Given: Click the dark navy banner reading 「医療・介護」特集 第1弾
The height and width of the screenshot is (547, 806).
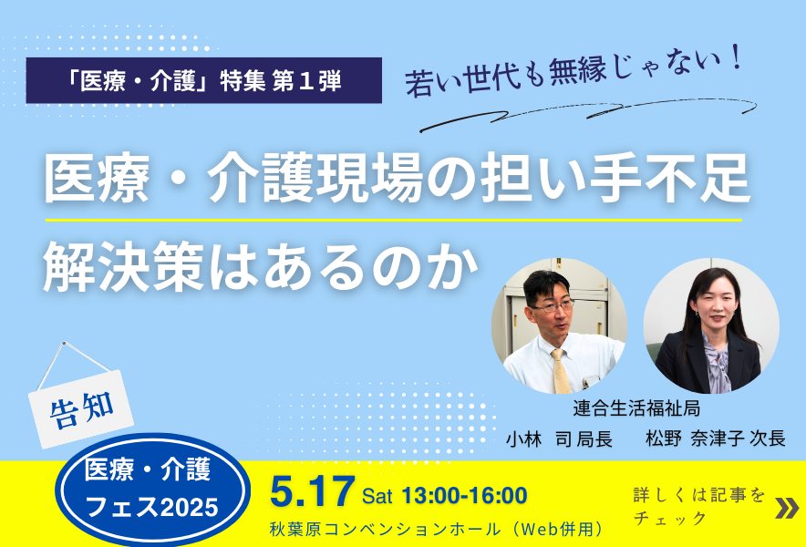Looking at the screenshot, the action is pyautogui.click(x=203, y=80).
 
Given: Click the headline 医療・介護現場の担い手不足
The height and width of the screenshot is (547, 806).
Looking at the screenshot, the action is pyautogui.click(x=397, y=179).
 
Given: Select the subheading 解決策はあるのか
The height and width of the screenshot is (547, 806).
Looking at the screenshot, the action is pyautogui.click(x=261, y=267).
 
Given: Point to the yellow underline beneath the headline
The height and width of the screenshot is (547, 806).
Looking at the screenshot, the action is pyautogui.click(x=394, y=220).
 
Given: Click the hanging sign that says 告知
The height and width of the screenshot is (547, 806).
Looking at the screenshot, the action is pyautogui.click(x=81, y=408).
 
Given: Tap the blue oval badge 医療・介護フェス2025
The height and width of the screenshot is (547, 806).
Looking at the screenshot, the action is pyautogui.click(x=152, y=490).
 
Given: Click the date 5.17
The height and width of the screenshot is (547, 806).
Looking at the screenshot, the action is pyautogui.click(x=313, y=492).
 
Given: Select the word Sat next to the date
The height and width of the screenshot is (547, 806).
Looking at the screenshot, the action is pyautogui.click(x=377, y=497).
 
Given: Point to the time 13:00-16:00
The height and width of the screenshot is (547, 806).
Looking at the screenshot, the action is pyautogui.click(x=464, y=496).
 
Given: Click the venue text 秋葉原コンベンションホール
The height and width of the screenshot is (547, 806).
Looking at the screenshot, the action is pyautogui.click(x=385, y=529).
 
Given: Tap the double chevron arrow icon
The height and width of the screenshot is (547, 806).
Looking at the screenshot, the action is pyautogui.click(x=787, y=508).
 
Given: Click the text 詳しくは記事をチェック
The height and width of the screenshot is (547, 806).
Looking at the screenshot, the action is pyautogui.click(x=699, y=506).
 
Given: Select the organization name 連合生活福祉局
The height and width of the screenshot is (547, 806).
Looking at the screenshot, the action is pyautogui.click(x=636, y=408).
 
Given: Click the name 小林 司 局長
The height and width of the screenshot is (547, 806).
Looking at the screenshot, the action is pyautogui.click(x=559, y=439).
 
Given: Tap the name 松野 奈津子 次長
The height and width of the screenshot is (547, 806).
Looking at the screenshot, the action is pyautogui.click(x=716, y=439).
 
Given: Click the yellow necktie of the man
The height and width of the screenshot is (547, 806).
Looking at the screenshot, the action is pyautogui.click(x=561, y=372).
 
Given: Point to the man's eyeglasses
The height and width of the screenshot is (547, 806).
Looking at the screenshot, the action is pyautogui.click(x=552, y=307).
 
